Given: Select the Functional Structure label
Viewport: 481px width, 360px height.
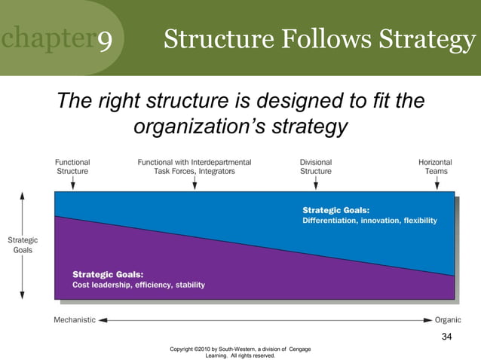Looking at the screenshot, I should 72,166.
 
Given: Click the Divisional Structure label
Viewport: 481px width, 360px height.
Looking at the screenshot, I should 316,166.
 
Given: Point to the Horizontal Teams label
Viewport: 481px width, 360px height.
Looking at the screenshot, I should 435,166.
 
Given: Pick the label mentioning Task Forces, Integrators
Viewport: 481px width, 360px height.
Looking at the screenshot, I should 194,166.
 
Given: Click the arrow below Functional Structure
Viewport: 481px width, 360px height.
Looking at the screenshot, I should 72,183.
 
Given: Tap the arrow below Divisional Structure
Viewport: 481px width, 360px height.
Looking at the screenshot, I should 315,183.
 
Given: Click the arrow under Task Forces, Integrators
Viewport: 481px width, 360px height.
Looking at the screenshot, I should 195,183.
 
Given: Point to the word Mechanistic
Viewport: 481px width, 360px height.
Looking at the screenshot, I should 75,319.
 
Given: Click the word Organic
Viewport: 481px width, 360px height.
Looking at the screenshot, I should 449,319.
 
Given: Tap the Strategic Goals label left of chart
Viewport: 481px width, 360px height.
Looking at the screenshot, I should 22,245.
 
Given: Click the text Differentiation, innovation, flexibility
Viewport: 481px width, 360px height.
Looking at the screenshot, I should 369,221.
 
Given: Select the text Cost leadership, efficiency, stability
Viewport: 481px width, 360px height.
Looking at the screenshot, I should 138,285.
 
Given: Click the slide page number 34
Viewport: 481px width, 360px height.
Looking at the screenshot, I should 446,336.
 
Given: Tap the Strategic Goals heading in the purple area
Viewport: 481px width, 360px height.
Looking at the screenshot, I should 108,274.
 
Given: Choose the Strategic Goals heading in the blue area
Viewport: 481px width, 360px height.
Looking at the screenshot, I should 336,210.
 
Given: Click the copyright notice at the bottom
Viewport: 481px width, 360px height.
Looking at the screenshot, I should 240,352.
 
